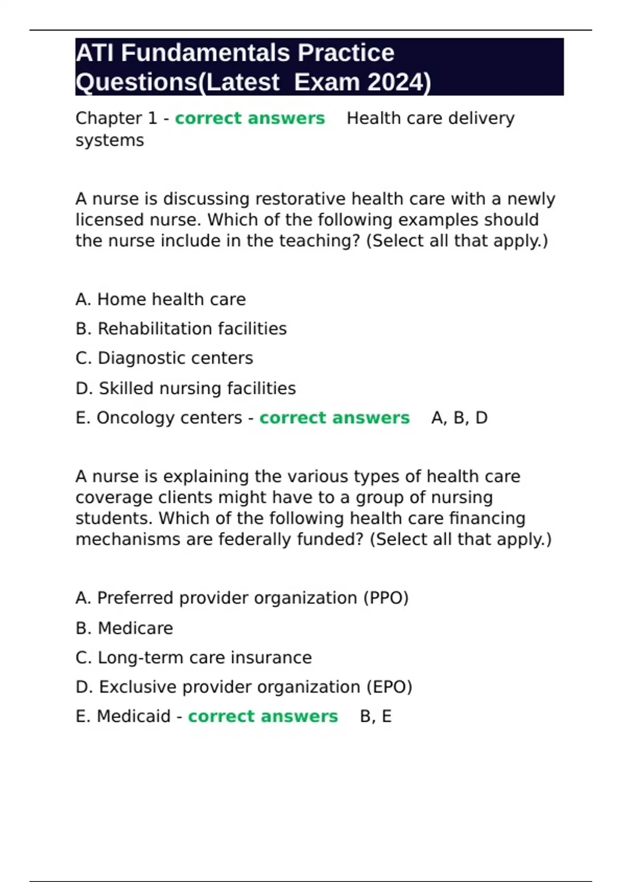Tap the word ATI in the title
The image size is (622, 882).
pyautogui.click(x=95, y=53)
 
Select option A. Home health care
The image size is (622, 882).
pyautogui.click(x=161, y=299)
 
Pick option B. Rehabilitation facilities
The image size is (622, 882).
pyautogui.click(x=181, y=329)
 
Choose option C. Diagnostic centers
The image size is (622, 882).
pyautogui.click(x=164, y=358)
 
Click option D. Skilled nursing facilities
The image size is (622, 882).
pyautogui.click(x=186, y=388)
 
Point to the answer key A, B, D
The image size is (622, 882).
pyautogui.click(x=459, y=418)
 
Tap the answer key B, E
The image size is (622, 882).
pyautogui.click(x=376, y=716)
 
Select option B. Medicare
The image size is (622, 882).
pyautogui.click(x=124, y=628)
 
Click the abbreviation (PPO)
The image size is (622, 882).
pyautogui.click(x=386, y=598)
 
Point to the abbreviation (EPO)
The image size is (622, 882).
pyautogui.click(x=389, y=686)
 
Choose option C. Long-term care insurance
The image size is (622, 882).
pyautogui.click(x=193, y=657)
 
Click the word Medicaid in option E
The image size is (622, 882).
pyautogui.click(x=134, y=716)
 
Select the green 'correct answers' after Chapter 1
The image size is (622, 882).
pyautogui.click(x=250, y=118)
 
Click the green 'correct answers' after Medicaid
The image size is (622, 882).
pyautogui.click(x=263, y=716)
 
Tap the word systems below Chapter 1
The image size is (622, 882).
pyautogui.click(x=110, y=140)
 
